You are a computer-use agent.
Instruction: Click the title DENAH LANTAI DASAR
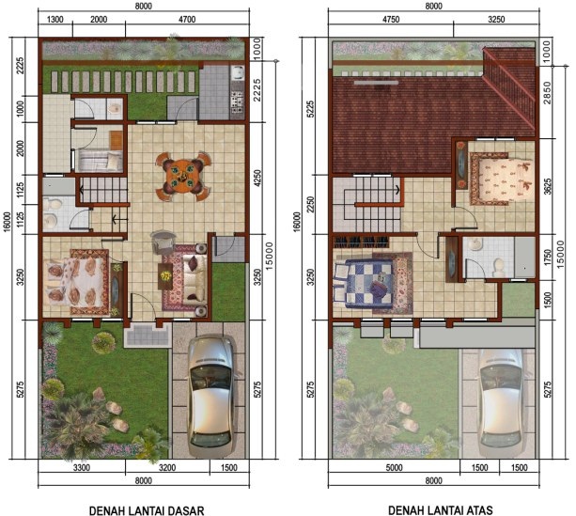[147, 510]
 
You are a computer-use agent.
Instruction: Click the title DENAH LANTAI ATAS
[441, 510]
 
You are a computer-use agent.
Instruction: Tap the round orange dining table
[182, 176]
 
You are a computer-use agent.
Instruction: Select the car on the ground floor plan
[212, 396]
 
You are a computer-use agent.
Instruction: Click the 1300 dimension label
[55, 19]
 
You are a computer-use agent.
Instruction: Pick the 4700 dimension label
[187, 19]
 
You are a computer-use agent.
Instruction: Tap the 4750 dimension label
[391, 19]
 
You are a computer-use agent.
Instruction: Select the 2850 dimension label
[547, 92]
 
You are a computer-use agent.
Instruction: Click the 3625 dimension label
[547, 186]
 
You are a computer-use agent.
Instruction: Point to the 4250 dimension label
[257, 178]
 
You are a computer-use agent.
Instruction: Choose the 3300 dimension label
[82, 468]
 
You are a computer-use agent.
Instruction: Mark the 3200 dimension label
[167, 468]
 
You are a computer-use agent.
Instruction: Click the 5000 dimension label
[394, 468]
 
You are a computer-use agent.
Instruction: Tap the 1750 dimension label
[547, 258]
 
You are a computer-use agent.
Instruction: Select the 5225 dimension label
[311, 109]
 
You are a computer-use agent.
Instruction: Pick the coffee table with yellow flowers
[165, 276]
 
